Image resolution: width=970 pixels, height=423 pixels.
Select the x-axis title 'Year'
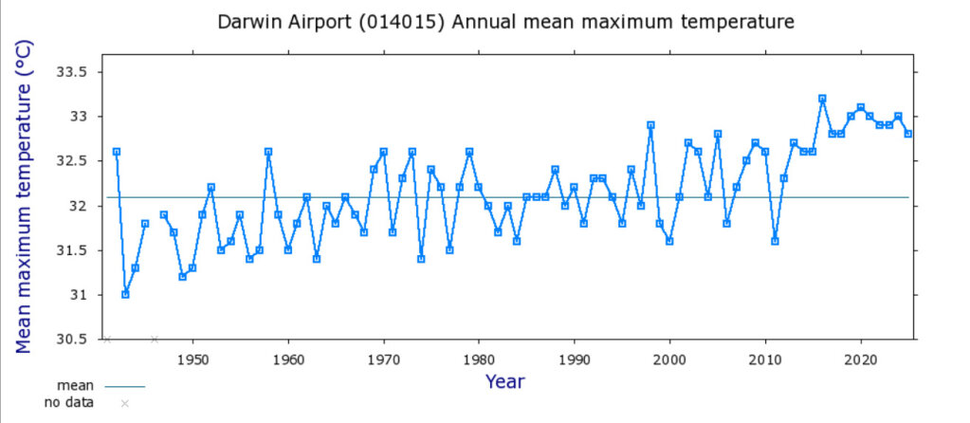pos(504,381)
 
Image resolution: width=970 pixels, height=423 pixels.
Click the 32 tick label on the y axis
pos(78,206)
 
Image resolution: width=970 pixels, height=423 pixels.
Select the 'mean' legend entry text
pos(75,386)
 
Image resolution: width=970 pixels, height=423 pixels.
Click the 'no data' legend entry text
pos(69,403)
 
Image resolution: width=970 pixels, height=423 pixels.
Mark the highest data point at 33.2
pos(822,99)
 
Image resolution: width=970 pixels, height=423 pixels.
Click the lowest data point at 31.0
pos(125,294)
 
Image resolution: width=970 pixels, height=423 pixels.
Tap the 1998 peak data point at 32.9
pos(650,125)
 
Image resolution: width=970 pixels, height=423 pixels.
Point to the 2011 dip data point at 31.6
pos(775,241)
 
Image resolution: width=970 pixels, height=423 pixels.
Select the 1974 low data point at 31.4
pos(421,259)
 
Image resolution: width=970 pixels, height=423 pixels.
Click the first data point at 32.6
pos(116,152)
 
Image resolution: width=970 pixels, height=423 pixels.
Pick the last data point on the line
pos(908,134)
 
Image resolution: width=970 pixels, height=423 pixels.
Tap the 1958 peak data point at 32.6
pos(268,152)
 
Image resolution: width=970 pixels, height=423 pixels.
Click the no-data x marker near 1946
pos(155,339)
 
